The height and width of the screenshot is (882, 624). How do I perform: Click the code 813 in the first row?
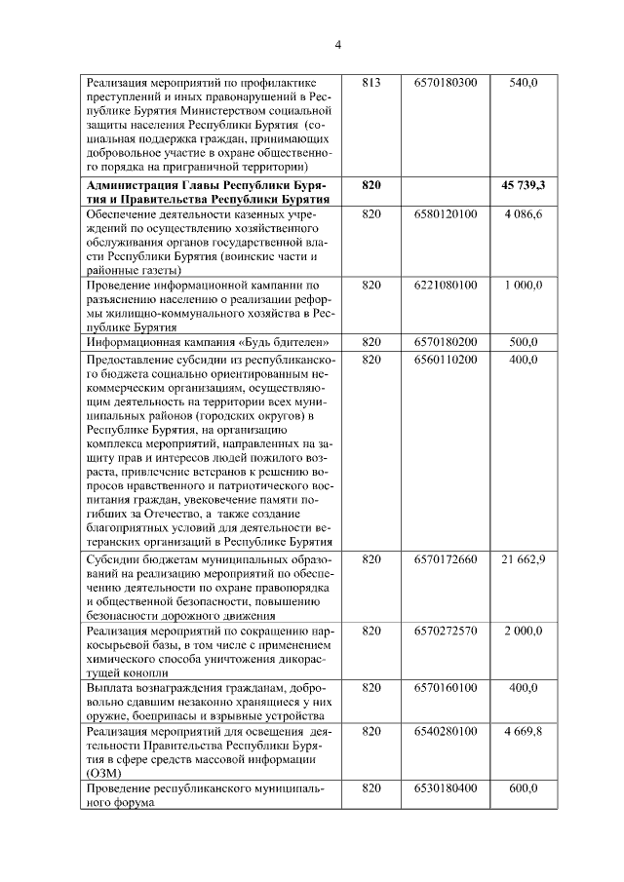click(370, 84)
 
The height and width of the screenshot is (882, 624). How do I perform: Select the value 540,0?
click(524, 84)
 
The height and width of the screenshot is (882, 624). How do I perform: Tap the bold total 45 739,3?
click(524, 184)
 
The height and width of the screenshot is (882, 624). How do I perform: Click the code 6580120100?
click(445, 213)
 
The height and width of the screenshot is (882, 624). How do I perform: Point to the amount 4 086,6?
click(524, 213)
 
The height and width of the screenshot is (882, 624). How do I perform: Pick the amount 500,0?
click(524, 343)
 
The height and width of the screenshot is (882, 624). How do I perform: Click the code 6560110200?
click(445, 360)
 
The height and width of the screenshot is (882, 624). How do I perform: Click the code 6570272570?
click(445, 632)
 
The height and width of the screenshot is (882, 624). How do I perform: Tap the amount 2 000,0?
click(524, 632)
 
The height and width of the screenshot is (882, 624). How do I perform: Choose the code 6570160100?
click(445, 688)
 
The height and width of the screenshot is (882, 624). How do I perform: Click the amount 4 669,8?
click(524, 731)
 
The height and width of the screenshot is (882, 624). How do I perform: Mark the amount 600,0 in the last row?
click(524, 788)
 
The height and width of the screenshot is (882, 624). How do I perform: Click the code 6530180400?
click(445, 788)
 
